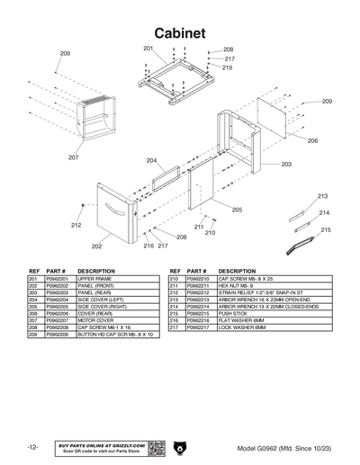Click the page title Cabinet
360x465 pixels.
tap(180, 32)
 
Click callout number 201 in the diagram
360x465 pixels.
tap(148, 47)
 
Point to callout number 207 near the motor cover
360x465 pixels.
tap(73, 157)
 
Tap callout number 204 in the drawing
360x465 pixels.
tap(151, 161)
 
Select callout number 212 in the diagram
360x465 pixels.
tap(76, 225)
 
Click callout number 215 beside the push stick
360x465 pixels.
tap(325, 229)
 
